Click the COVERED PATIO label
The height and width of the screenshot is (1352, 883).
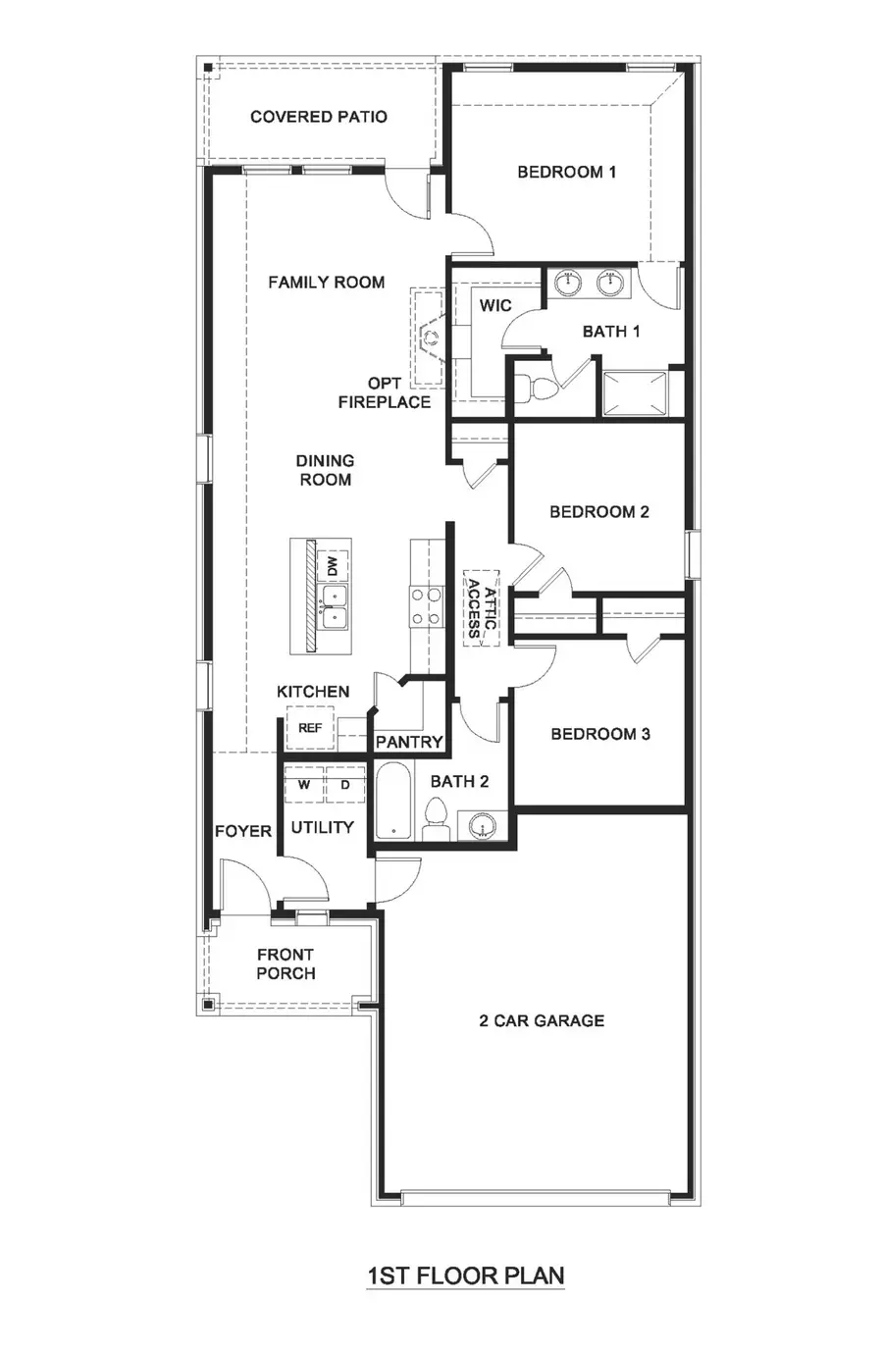click(319, 117)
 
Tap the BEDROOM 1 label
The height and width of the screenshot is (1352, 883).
click(567, 172)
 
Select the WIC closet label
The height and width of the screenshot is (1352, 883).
click(495, 305)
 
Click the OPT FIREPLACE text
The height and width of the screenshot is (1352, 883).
click(385, 392)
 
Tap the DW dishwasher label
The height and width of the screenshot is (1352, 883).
click(333, 567)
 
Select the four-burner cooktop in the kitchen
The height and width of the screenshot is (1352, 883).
click(425, 606)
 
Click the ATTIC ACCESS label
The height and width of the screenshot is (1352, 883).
click(481, 608)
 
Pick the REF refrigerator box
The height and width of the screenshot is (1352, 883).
click(310, 728)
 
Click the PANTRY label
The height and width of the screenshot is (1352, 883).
click(409, 743)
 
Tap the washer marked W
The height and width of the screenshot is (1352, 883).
click(304, 785)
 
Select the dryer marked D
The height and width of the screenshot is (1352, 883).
click(345, 785)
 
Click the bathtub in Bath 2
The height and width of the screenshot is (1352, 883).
click(395, 802)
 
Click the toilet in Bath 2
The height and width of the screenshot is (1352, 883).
click(437, 819)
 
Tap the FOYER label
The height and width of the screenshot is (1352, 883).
click(243, 831)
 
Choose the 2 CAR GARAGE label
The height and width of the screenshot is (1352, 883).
click(542, 1020)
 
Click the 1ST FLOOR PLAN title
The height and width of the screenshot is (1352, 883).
click(466, 1275)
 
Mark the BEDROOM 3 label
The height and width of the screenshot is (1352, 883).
click(600, 734)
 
